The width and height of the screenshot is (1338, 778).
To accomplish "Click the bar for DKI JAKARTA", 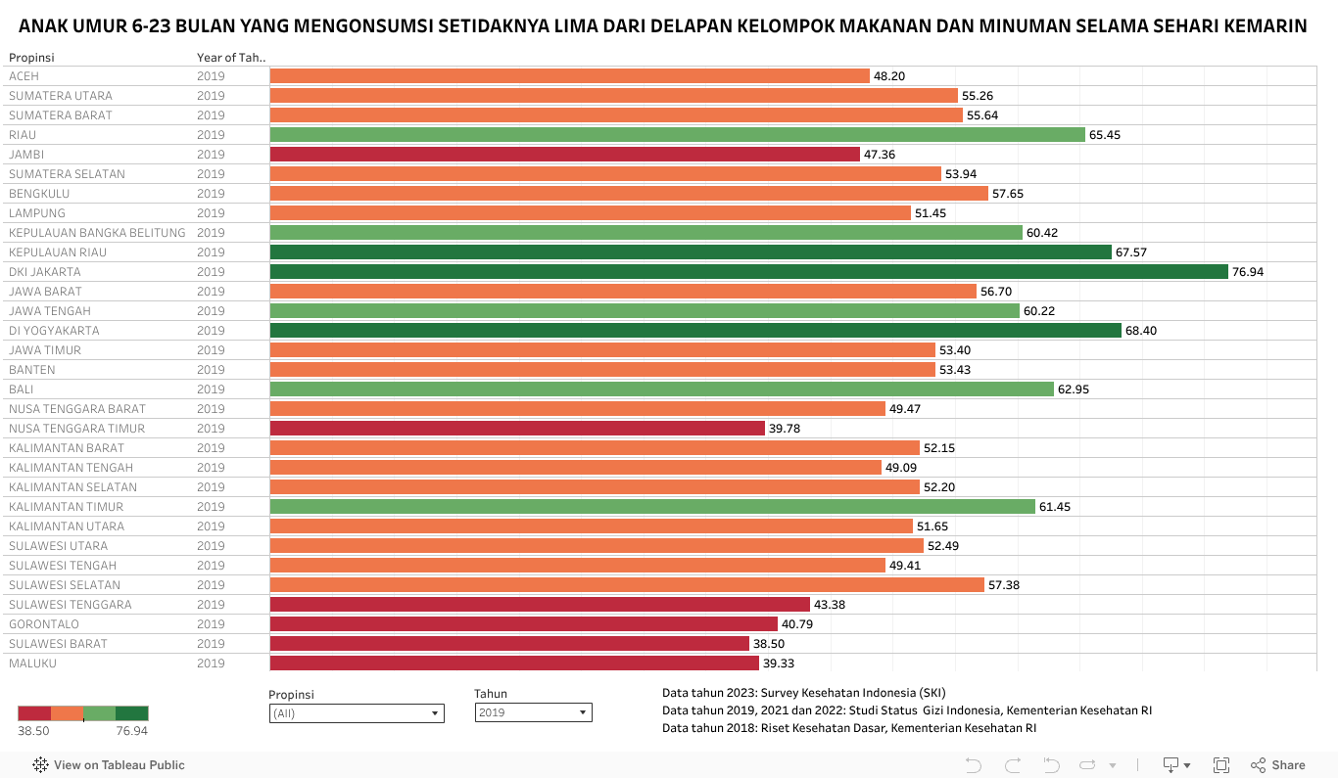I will (x=748, y=272).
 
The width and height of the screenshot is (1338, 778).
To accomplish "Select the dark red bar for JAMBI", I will (x=564, y=155).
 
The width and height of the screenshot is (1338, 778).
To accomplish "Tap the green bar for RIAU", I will (x=677, y=135).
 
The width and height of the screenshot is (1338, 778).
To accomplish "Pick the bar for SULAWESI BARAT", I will (x=509, y=644).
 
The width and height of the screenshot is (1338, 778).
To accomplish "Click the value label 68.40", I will (x=1141, y=331).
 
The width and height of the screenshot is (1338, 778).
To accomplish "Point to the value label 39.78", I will (x=785, y=429).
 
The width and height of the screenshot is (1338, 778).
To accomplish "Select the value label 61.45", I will (x=1055, y=507).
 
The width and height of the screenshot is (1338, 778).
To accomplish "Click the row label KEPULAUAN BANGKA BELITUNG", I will (x=97, y=233).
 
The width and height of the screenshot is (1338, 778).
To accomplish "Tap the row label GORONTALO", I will (x=44, y=624).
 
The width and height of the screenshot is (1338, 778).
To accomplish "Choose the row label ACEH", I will (x=24, y=76).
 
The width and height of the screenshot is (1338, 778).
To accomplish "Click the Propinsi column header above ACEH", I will (x=31, y=58).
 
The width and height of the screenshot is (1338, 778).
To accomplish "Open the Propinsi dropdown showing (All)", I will (x=357, y=713).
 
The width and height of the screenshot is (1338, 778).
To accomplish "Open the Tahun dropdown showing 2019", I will (x=533, y=713).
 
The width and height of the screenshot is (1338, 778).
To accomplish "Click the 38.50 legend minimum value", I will (x=33, y=731).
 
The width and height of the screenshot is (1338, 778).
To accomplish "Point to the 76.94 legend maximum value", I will (x=132, y=731).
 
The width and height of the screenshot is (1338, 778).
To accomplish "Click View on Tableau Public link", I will (x=119, y=765).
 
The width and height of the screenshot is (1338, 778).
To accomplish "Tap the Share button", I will (x=1278, y=765).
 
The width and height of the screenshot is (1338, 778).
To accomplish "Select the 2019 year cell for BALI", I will (x=211, y=389).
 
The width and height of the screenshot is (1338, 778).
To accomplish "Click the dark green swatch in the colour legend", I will (x=132, y=713).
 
